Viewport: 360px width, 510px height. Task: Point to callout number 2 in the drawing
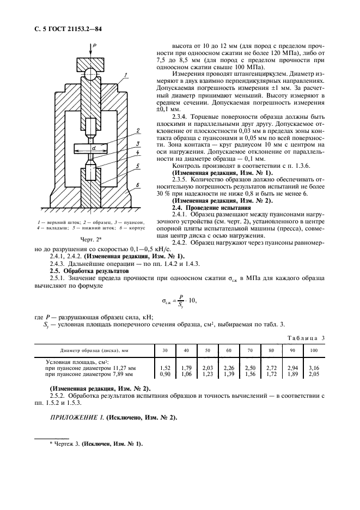point(140,131)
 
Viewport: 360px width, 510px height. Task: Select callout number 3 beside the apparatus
point(140,144)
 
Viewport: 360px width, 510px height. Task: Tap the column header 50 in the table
point(208,350)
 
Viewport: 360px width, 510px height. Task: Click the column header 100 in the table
point(314,350)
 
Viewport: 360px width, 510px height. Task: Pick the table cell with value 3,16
point(314,368)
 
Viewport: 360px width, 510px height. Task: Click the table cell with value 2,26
point(229,368)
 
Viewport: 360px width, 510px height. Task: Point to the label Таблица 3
point(306,338)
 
